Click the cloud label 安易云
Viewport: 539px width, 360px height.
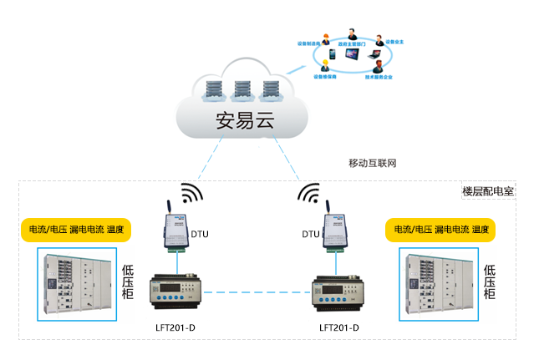245,119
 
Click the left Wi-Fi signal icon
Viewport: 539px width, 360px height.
191,193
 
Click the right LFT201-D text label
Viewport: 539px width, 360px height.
339,327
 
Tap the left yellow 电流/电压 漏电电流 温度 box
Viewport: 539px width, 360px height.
76,230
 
